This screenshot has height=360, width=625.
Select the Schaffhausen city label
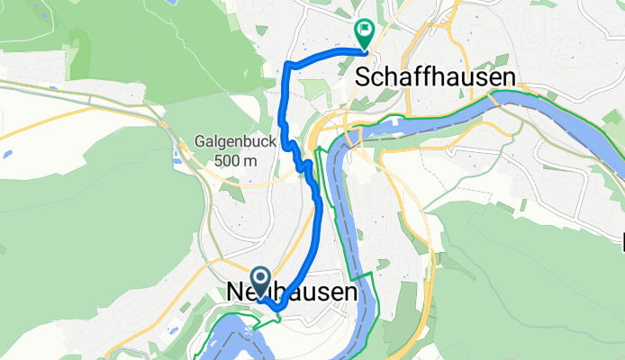pos(436,77)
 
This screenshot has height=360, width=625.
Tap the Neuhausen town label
pos(289,293)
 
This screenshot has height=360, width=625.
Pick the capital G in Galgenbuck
pos(199,142)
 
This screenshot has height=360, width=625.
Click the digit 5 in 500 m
pos(220,160)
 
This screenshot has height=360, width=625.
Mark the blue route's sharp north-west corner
pos(286,65)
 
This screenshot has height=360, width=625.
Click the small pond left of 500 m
pos(177,163)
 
